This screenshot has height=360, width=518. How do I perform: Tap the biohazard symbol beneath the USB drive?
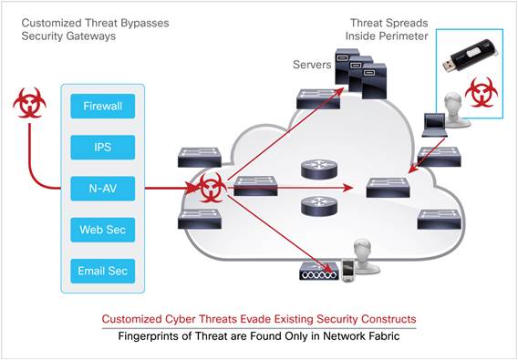pos(481,92)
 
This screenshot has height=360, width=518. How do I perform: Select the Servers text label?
pos(312,65)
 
